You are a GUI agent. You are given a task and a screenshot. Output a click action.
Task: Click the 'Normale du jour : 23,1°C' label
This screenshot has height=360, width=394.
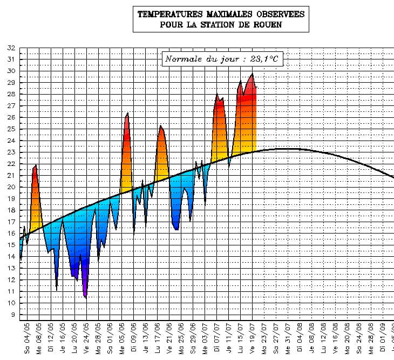tap(222, 59)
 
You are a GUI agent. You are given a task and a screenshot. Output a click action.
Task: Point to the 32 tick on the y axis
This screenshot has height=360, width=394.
tap(11, 48)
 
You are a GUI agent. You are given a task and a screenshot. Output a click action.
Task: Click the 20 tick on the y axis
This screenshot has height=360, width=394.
tap(11, 187)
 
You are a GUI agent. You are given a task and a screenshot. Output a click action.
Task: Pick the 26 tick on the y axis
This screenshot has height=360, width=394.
tap(11, 117)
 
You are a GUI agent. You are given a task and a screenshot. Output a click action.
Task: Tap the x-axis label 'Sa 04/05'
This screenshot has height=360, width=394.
tap(26, 338)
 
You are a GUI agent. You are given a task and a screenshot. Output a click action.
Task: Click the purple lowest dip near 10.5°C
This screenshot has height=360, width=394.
tap(85, 297)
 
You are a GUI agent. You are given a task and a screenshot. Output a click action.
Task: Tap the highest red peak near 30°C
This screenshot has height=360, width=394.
tap(252, 74)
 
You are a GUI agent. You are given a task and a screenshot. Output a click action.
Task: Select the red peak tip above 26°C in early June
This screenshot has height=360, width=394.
tap(127, 113)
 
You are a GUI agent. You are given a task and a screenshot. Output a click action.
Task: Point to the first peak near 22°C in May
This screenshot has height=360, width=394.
tap(36, 165)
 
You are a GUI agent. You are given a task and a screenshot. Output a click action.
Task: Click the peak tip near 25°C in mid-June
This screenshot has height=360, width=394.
tap(160, 126)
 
